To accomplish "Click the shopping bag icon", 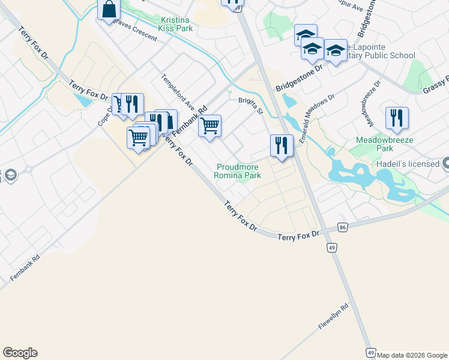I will [109, 10].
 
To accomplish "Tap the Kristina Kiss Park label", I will [175, 23].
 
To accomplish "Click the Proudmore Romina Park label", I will [238, 172].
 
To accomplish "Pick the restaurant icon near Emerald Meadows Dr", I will [281, 145].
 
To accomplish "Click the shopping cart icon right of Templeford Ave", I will [210, 126].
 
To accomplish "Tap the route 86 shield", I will [343, 227].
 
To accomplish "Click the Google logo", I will [20, 353].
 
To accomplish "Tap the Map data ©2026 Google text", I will [411, 355].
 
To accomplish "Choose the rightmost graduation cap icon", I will [336, 51].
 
